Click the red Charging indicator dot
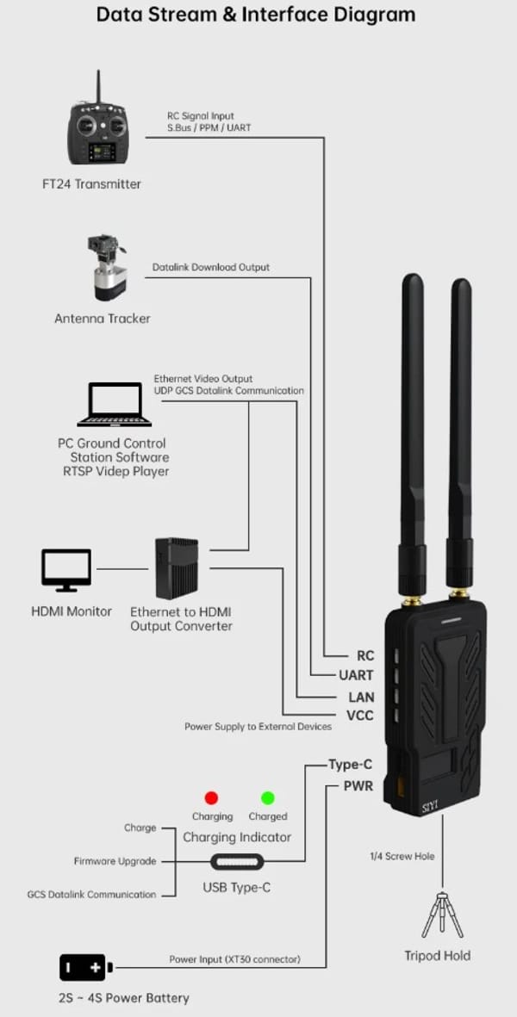point(211,797)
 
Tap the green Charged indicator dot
point(268,797)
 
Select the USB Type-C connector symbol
point(236,861)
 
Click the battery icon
point(85,968)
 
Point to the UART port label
point(356,676)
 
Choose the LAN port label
point(360,696)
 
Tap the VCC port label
point(359,716)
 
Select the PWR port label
point(358,785)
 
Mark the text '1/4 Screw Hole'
point(402,856)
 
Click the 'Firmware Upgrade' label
point(115,861)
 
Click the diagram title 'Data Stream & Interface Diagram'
point(256,15)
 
